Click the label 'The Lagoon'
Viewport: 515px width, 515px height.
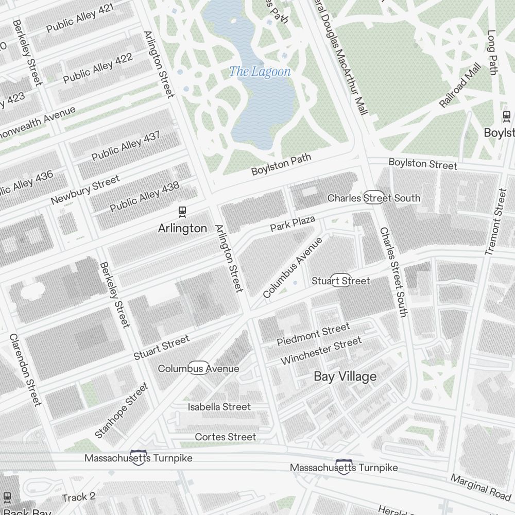point(260,72)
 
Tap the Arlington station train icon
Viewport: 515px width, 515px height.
point(182,211)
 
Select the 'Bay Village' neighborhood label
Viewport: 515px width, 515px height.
point(345,377)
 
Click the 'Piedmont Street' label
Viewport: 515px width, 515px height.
point(313,334)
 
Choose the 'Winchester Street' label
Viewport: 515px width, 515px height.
point(321,351)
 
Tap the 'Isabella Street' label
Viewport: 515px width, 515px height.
point(219,407)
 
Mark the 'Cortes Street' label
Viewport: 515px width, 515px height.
point(225,437)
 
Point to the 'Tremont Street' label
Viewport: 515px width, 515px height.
point(496,221)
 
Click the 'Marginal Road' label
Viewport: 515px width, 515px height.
point(480,487)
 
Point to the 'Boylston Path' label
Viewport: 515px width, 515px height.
point(281,164)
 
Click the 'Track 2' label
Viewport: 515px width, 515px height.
point(79,497)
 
